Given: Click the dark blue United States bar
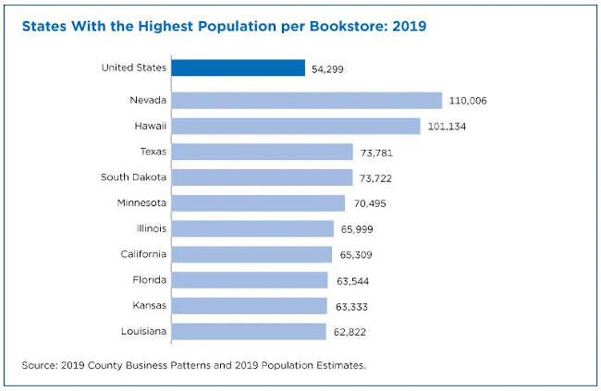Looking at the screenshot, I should [238, 68].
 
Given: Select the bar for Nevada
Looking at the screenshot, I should [306, 101].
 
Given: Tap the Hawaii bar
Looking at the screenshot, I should [295, 127].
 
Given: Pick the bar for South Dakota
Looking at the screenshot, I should [262, 177].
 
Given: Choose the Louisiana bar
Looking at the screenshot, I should [248, 331].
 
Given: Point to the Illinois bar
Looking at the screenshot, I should [251, 228].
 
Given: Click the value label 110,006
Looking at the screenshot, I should [471, 101].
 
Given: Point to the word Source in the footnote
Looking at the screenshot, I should [41, 365].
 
